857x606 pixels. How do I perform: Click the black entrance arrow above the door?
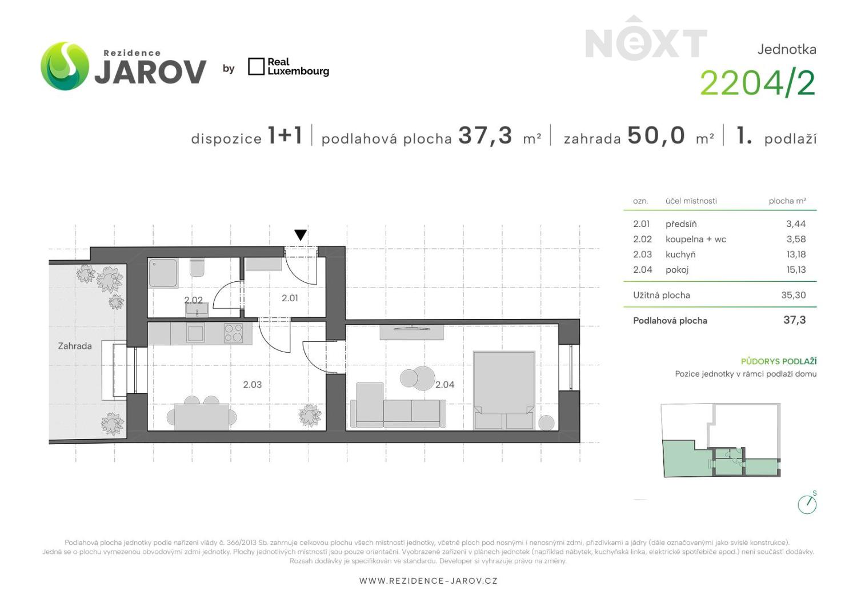tap(301, 234)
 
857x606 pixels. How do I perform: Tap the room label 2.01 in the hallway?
tap(290, 298)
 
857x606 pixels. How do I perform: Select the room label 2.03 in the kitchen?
tap(252, 384)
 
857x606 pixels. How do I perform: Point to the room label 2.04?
tap(444, 384)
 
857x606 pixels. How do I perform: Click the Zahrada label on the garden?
tap(75, 346)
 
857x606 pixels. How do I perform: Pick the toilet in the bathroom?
tap(197, 267)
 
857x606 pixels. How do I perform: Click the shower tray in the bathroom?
tap(163, 273)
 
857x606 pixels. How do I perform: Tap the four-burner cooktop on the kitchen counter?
tap(233, 333)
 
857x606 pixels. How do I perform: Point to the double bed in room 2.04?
tap(504, 390)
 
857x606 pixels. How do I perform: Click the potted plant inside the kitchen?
tap(310, 415)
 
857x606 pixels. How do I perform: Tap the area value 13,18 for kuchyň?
tap(796, 254)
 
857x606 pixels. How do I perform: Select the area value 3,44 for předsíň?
tap(796, 224)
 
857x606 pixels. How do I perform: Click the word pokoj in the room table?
tap(677, 270)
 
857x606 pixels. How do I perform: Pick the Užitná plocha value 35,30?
tap(794, 295)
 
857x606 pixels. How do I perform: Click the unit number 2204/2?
tap(758, 83)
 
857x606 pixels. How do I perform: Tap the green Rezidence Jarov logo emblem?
tap(65, 66)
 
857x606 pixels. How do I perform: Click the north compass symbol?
tap(807, 504)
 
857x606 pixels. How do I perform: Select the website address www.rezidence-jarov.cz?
tap(428, 581)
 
